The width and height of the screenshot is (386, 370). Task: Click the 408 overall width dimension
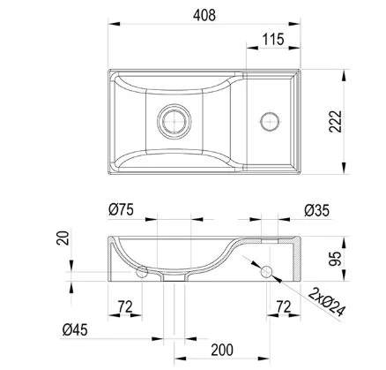[x=204, y=15]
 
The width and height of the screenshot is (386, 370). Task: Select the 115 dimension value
[x=273, y=40]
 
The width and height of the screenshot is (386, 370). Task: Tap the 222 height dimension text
[x=336, y=122]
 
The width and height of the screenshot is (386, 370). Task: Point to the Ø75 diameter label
[x=121, y=210]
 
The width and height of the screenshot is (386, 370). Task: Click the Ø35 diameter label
[x=316, y=211]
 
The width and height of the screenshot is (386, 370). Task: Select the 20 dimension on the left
[x=63, y=238]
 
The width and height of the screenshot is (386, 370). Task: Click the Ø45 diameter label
[x=75, y=329]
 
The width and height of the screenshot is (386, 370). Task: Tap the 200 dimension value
[x=222, y=350]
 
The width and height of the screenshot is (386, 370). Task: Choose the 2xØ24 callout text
[x=326, y=302]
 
